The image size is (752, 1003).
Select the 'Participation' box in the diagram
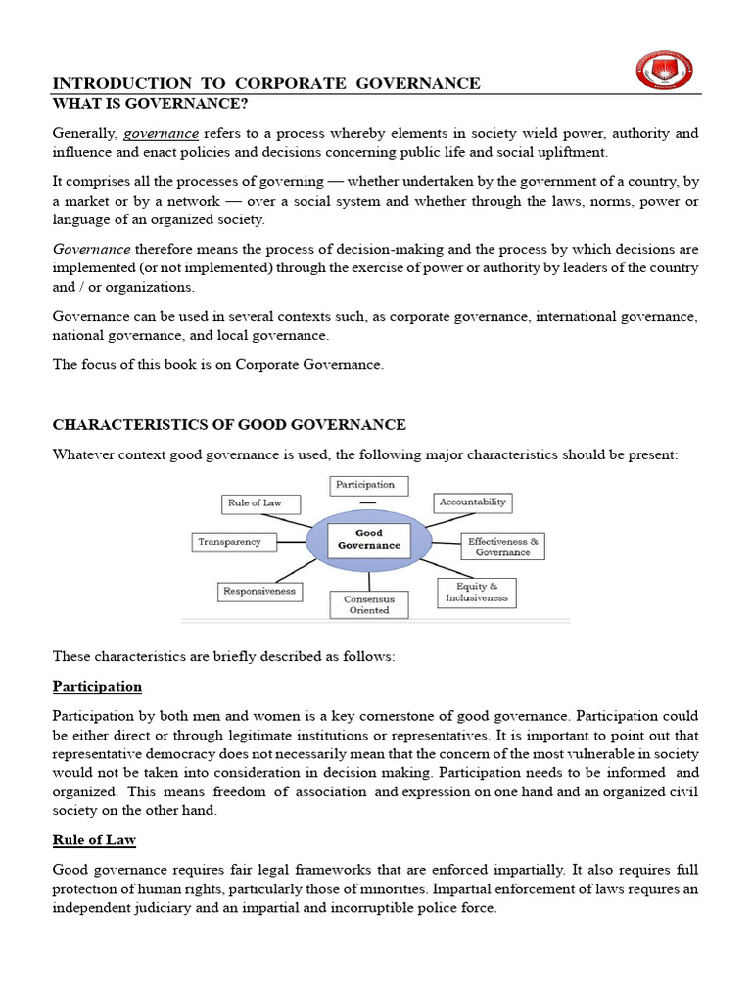click(365, 484)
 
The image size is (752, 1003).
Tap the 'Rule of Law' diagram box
click(255, 503)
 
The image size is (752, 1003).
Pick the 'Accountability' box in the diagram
click(473, 502)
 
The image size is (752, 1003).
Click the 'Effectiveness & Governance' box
click(502, 547)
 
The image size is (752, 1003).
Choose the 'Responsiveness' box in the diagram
click(258, 592)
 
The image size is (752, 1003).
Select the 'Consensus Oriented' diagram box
click(369, 604)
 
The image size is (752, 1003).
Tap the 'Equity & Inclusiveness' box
click(477, 593)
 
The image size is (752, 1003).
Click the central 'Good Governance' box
click(369, 540)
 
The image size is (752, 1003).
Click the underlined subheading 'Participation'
click(97, 687)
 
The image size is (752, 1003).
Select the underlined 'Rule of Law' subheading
click(94, 840)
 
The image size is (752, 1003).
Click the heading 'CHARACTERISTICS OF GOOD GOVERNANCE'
click(229, 424)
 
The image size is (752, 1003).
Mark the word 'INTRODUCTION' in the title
click(109, 83)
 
